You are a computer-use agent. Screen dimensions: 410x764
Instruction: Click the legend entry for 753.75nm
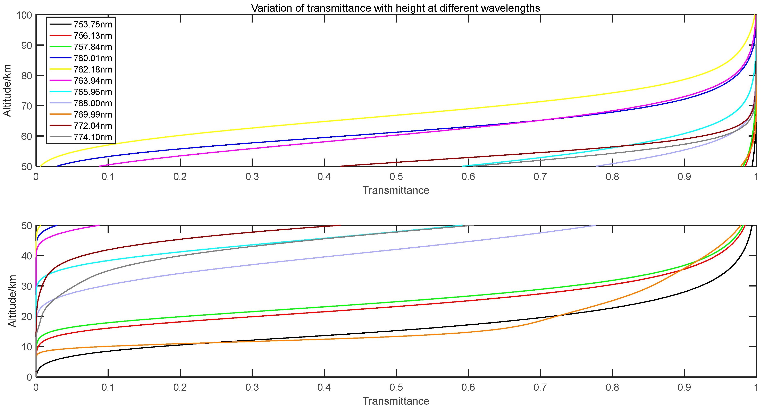coord(93,24)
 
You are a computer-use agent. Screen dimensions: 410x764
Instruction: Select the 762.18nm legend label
coord(93,69)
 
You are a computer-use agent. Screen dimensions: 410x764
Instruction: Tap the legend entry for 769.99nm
coord(93,114)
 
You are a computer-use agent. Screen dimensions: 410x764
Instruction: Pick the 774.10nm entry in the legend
coord(93,137)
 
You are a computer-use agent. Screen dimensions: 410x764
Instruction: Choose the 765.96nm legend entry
coord(93,92)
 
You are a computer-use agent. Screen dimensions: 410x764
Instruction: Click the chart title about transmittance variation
coord(395,8)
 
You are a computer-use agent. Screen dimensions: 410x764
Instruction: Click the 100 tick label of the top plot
coord(24,15)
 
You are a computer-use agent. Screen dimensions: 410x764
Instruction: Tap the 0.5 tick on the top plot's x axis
coord(396,177)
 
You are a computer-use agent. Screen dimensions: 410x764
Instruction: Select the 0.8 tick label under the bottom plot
coord(612,387)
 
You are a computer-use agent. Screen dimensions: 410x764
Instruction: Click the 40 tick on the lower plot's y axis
coord(26,256)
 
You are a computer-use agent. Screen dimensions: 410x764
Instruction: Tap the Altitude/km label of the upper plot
coord(7,91)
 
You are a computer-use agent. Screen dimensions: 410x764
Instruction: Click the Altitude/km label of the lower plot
coord(12,301)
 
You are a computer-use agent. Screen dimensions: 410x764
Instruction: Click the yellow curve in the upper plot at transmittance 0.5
coord(396,115)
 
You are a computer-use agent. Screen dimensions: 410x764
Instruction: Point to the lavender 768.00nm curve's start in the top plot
coord(596,166)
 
